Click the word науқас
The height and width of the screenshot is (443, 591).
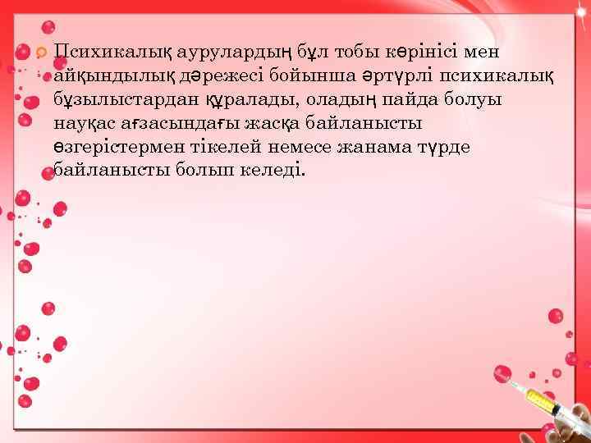(86, 124)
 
